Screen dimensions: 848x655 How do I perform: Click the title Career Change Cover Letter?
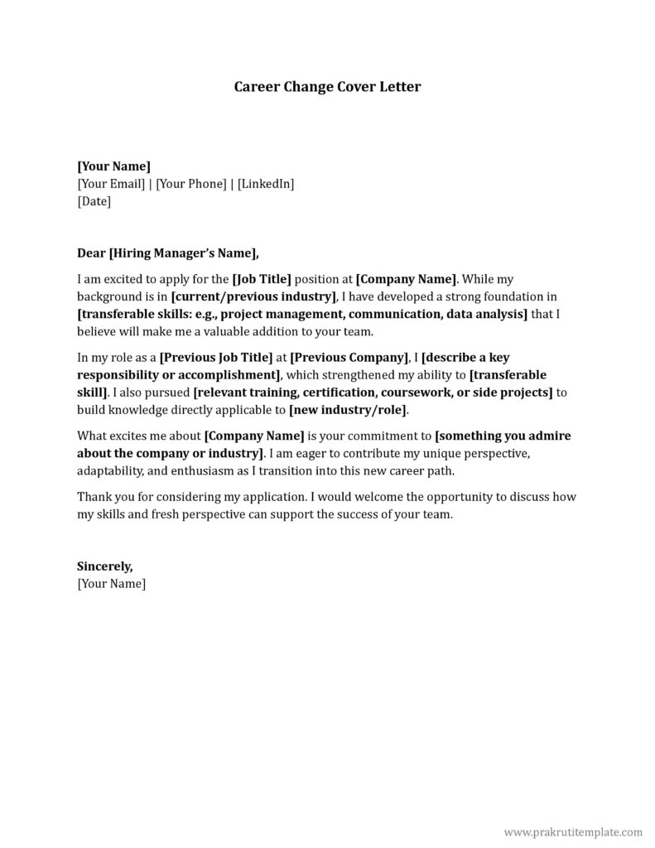tap(327, 86)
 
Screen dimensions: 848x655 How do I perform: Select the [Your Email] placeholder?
tap(111, 183)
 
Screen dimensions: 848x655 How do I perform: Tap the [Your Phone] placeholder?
tap(191, 183)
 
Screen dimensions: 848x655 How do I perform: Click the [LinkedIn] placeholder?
tap(266, 183)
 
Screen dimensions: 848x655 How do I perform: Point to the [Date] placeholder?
tap(94, 200)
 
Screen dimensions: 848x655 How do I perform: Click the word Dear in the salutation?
tap(91, 253)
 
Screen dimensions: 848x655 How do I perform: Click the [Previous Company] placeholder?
tap(349, 357)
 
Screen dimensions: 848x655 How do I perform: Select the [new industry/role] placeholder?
tap(348, 409)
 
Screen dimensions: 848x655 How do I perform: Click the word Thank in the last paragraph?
tap(93, 497)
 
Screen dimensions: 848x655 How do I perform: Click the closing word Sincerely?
tap(104, 566)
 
